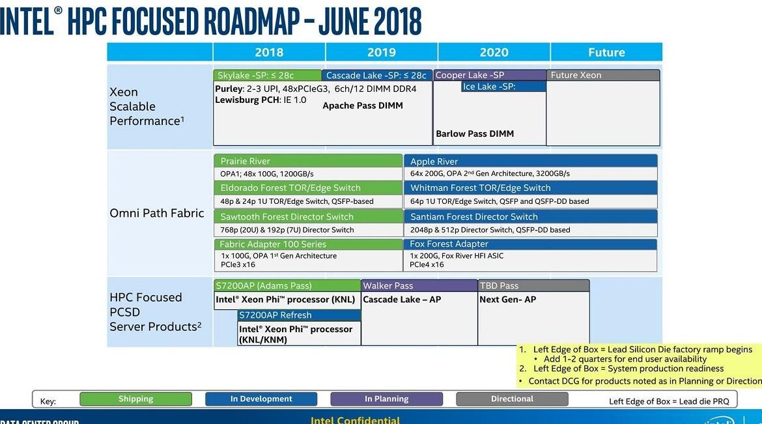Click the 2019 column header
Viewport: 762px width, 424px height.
(382, 52)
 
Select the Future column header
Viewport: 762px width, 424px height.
(606, 52)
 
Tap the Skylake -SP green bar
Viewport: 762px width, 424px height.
(268, 75)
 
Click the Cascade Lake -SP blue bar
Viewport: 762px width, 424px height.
(377, 75)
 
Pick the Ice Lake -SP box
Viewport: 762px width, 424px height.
(503, 87)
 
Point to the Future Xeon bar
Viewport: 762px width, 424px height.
(603, 75)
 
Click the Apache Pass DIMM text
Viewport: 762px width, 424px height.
(363, 106)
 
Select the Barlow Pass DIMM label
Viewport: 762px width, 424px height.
(475, 134)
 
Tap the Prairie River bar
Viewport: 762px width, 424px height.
(307, 161)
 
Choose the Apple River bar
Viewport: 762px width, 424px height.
(531, 161)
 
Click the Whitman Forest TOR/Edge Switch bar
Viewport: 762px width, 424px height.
(531, 188)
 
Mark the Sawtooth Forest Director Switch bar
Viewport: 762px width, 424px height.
(307, 216)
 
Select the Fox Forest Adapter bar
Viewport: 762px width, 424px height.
(531, 244)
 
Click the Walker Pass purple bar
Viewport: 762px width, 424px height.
(419, 285)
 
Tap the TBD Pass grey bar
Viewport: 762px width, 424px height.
(533, 285)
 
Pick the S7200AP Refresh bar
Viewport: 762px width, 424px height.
(299, 315)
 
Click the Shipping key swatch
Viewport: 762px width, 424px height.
(135, 399)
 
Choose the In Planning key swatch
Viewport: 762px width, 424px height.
(386, 399)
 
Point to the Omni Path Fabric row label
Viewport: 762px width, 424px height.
(157, 213)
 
